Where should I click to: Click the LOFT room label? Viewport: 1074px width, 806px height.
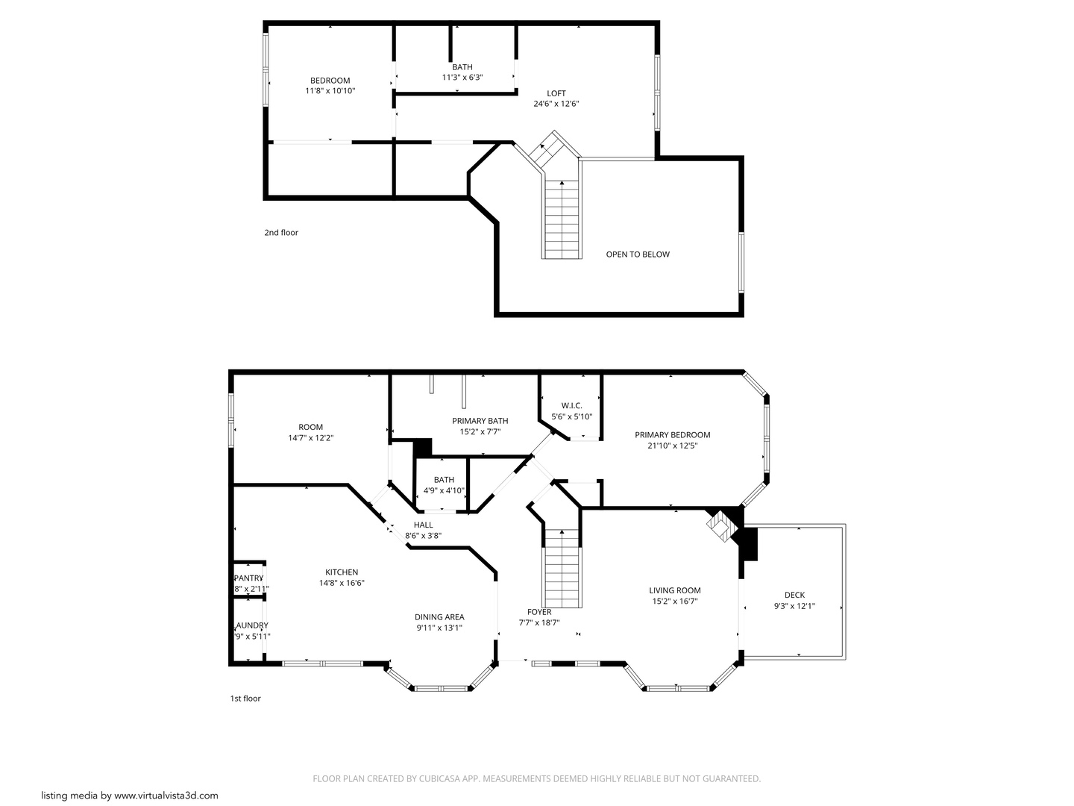point(556,93)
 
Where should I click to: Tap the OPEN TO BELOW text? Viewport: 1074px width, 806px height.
point(637,254)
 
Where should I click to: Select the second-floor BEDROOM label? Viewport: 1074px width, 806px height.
point(330,81)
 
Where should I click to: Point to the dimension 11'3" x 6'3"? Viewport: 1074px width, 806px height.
point(462,78)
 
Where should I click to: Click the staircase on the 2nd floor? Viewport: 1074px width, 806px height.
point(562,216)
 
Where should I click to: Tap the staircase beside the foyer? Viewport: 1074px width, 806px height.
point(562,567)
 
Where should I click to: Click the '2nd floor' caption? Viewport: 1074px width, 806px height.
point(281,233)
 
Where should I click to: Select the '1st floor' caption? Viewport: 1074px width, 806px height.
point(245,699)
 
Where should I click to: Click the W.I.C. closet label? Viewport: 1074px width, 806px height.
point(571,406)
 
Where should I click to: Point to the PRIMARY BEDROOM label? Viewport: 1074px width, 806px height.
point(672,435)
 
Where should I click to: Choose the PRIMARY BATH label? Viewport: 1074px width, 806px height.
point(480,421)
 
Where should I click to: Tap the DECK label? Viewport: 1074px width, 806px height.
point(794,596)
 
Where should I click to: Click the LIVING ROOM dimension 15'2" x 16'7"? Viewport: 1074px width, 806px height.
point(674,601)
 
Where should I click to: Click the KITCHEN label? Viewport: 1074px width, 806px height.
point(342,572)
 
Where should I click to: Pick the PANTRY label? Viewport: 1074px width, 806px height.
point(249,578)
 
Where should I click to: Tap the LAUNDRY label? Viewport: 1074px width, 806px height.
point(251,625)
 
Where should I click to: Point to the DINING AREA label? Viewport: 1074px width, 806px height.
point(439,617)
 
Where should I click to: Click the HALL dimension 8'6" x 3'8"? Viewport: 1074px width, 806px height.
point(423,536)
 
